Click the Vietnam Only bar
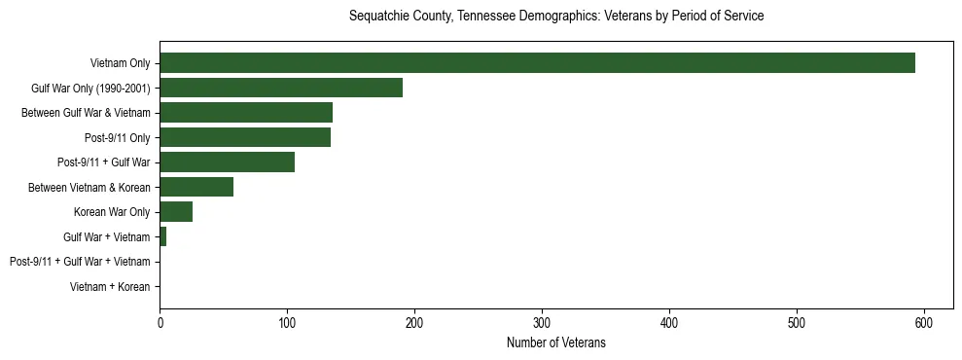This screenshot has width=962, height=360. click(537, 62)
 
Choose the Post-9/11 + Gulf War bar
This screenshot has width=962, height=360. click(227, 162)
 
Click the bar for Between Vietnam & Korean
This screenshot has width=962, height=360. click(196, 187)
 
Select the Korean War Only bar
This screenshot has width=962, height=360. click(176, 212)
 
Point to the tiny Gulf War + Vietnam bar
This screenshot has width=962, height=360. click(163, 236)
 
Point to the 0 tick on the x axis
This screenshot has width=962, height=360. click(160, 322)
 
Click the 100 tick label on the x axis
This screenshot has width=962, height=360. click(287, 322)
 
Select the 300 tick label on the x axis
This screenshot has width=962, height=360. click(542, 322)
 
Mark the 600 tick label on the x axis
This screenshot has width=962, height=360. click(924, 322)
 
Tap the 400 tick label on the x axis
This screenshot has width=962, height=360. click(669, 322)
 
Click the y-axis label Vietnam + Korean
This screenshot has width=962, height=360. click(110, 287)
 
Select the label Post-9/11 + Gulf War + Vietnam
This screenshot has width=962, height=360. click(80, 262)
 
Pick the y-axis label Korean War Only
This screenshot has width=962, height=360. click(112, 212)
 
